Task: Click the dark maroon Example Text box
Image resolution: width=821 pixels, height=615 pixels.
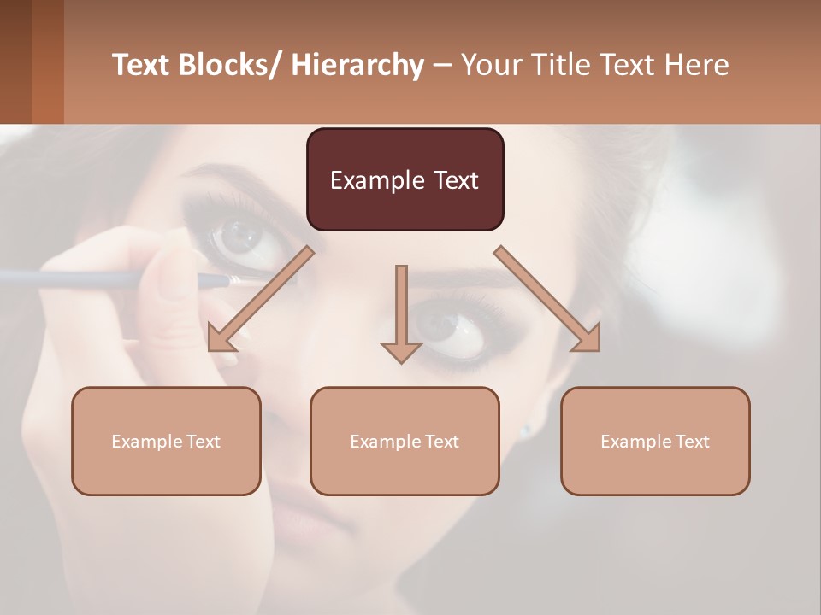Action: point(405,179)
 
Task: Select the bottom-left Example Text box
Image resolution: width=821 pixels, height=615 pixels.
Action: point(166,441)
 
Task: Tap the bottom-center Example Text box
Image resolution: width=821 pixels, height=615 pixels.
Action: point(405,441)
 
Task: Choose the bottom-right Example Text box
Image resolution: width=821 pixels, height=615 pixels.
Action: point(655,441)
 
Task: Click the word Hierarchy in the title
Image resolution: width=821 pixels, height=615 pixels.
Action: point(357,65)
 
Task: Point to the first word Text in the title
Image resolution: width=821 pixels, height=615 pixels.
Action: point(142,65)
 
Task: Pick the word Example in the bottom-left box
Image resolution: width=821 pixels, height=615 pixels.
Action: point(146,442)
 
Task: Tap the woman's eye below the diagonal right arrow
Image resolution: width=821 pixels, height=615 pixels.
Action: point(453,329)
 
